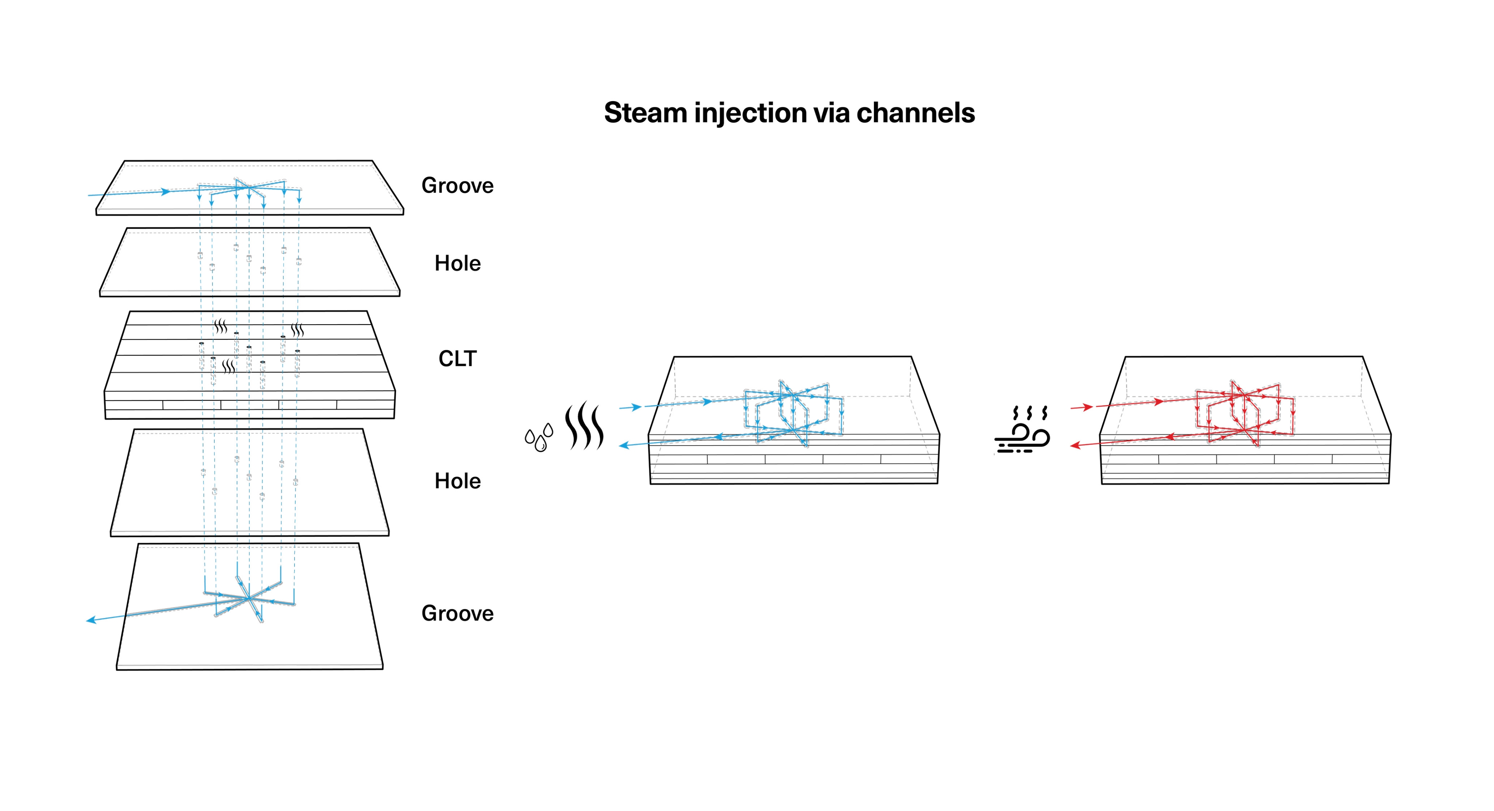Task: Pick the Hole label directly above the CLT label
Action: tap(458, 263)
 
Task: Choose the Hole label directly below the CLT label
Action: tap(458, 481)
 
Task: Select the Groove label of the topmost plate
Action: tap(458, 186)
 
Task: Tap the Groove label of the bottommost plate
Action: tap(458, 613)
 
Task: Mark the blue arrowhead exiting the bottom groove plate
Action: tap(91, 620)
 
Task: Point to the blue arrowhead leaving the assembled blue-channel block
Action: tap(624, 446)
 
